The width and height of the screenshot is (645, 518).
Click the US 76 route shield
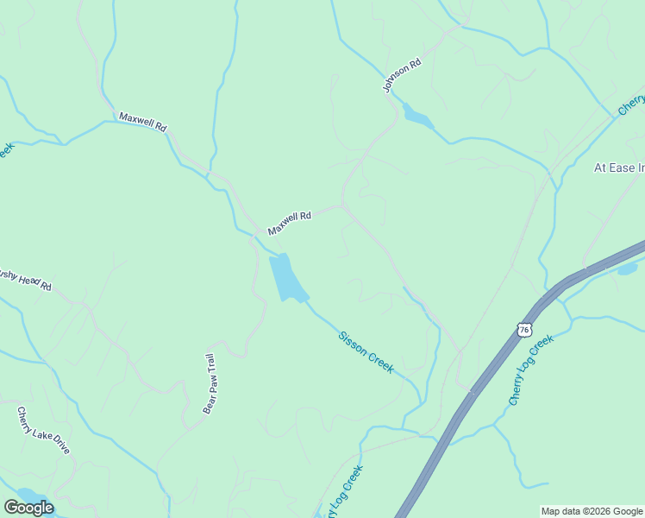[524, 330]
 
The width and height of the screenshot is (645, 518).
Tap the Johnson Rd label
[402, 75]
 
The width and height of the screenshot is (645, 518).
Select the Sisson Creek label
[366, 351]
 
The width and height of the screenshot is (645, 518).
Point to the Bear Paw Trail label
[208, 383]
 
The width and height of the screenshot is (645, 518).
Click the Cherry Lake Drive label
[43, 432]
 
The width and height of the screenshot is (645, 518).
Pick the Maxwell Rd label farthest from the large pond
[142, 121]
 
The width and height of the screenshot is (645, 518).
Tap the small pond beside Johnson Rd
[417, 117]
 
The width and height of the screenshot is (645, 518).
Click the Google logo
[28, 508]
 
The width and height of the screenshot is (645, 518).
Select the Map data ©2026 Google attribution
[592, 511]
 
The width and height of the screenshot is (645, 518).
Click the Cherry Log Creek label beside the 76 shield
[530, 371]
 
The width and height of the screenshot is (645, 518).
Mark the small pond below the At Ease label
[627, 268]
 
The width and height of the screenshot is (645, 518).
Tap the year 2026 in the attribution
[596, 511]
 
